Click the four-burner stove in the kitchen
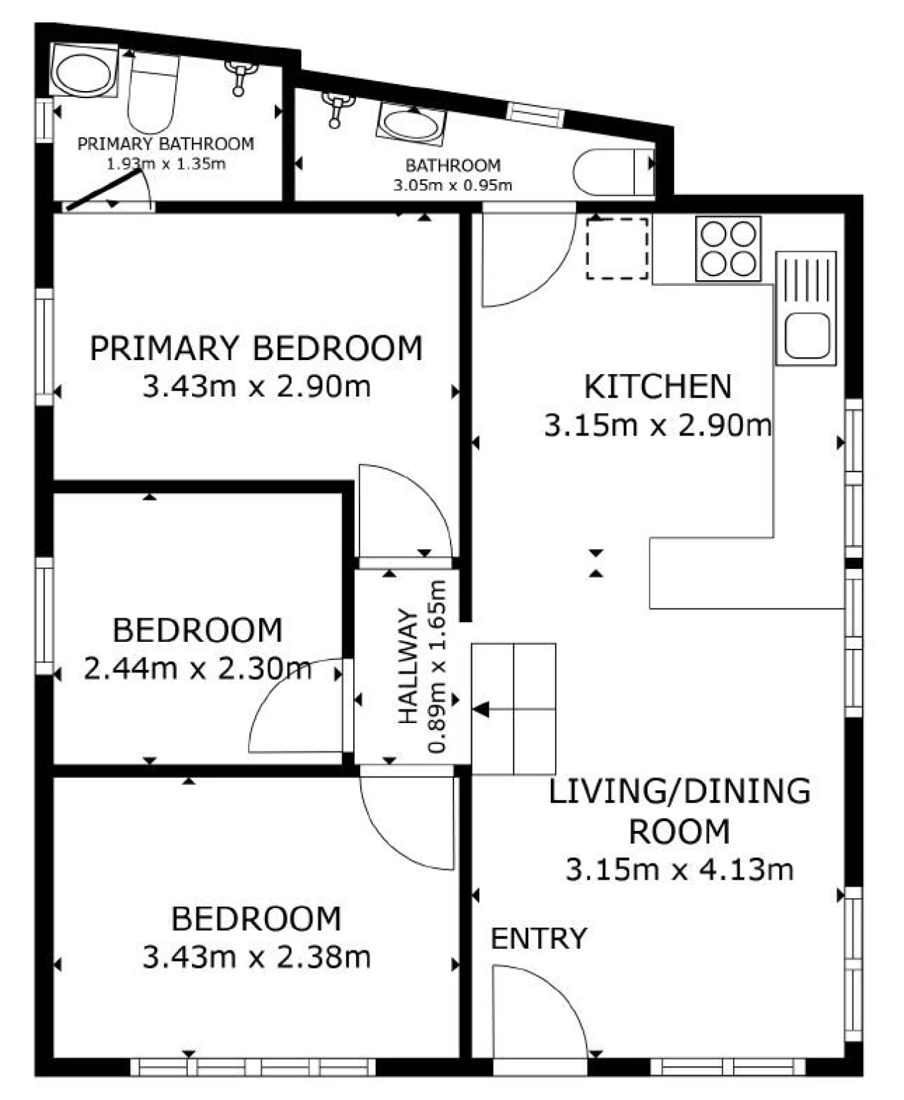pos(728,249)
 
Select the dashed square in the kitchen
pos(617,249)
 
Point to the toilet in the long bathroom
pos(614,172)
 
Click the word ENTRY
pos(539,938)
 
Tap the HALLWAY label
pos(408,666)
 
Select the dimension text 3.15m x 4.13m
pos(679,870)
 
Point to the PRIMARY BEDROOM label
pos(256,348)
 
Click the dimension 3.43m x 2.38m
pos(256,957)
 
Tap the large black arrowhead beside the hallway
pos(481,709)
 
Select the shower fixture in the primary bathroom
pos(240,77)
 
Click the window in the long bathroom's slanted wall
pos(536,114)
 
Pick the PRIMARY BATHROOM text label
pos(166,143)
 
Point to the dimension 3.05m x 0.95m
pos(452,185)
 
